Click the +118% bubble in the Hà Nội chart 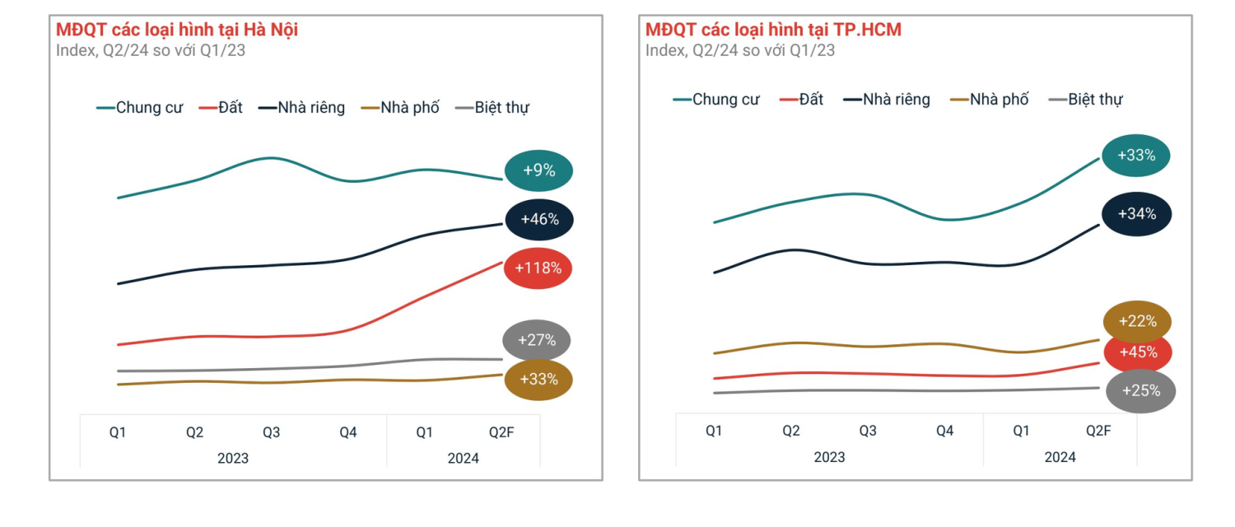click(x=538, y=268)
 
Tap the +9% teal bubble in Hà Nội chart click(x=538, y=171)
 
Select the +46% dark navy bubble click(x=539, y=219)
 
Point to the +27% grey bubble click(x=537, y=340)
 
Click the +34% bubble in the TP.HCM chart click(x=1136, y=214)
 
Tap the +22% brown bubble click(x=1137, y=321)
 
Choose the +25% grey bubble click(x=1140, y=391)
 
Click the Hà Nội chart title click(x=177, y=30)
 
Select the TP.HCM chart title click(x=773, y=30)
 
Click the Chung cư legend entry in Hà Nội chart click(x=141, y=108)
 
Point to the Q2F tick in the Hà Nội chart click(x=501, y=432)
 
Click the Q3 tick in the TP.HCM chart click(x=868, y=431)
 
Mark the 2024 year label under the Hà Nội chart click(x=464, y=459)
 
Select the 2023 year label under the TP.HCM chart click(x=829, y=457)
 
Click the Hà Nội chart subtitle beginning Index click(x=151, y=50)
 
